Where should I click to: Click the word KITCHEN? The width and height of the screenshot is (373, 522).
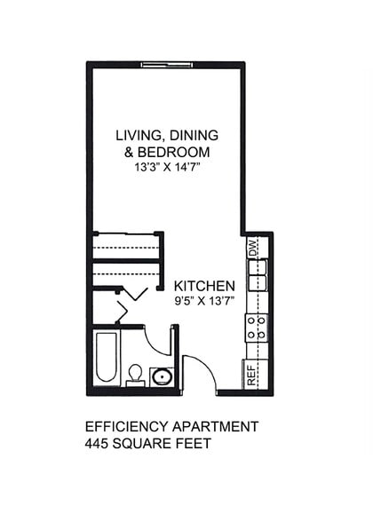pos(204,286)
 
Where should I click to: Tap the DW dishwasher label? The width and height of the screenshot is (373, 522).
pos(253,249)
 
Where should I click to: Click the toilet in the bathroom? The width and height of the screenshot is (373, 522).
pos(136,374)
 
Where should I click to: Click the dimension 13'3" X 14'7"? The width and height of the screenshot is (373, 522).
pos(167,167)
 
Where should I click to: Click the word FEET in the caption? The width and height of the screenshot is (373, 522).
pos(194,443)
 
